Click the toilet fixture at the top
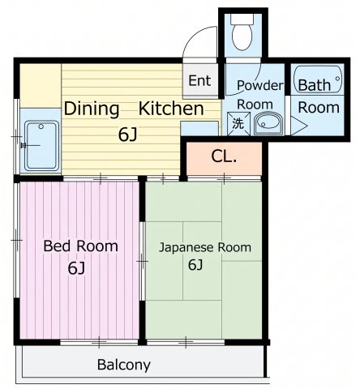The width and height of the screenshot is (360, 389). point(242,32)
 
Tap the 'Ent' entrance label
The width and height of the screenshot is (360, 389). point(199,80)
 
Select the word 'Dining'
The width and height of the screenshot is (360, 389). point(92,109)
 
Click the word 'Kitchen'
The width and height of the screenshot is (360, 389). point(171,109)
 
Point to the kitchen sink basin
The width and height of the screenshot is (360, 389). point(42,146)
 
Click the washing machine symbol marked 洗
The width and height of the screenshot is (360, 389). point(238,123)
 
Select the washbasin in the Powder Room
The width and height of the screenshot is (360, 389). point(268,124)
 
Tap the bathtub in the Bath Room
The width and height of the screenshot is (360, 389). point(318,79)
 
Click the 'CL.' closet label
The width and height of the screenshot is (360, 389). point(224,156)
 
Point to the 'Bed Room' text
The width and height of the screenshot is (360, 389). point(81,246)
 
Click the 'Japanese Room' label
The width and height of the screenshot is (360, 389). point(205,247)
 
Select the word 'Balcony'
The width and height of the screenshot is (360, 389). point(124,365)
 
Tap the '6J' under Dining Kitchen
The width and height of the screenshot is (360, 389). point(128,135)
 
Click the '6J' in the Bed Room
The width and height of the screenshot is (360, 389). point(76,268)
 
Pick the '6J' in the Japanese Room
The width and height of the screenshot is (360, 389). point(195,264)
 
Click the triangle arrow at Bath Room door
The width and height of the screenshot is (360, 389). point(299,126)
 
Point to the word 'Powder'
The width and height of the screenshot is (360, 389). point(260,85)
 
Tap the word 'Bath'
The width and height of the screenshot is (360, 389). point(315,85)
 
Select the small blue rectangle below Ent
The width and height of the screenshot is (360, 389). point(199,128)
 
